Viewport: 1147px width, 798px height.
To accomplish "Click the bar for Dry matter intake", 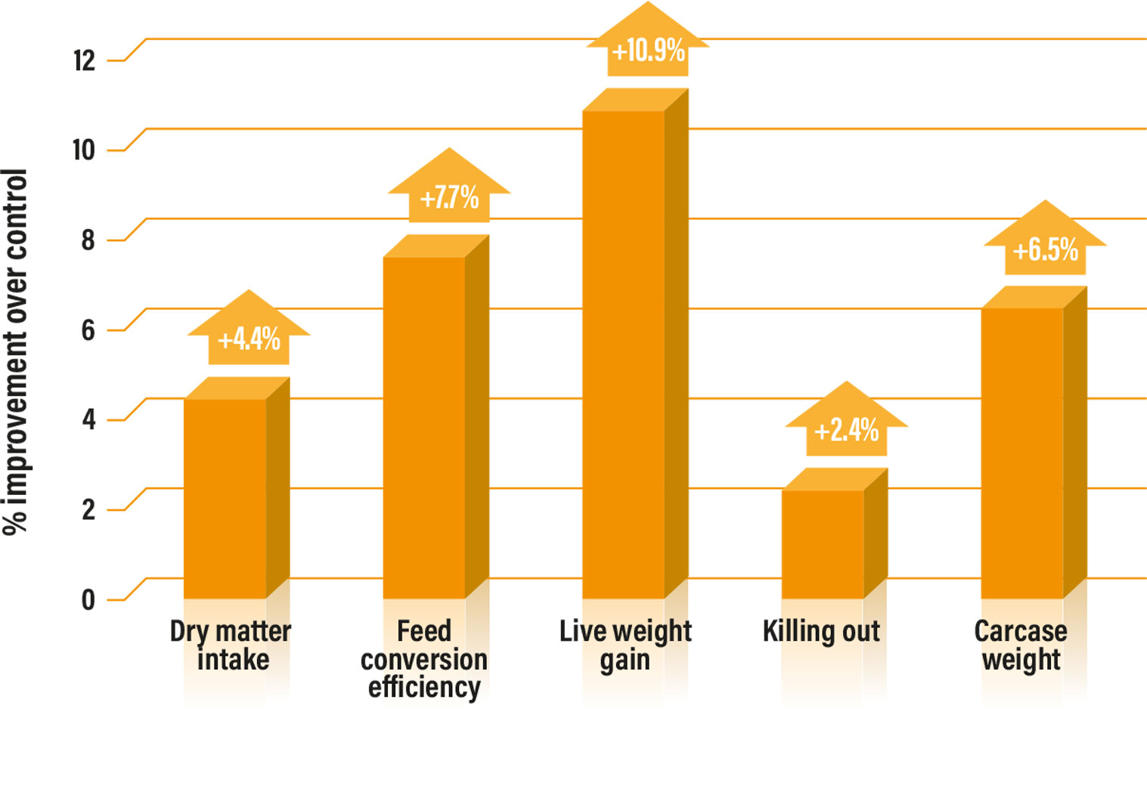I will click(x=225, y=499).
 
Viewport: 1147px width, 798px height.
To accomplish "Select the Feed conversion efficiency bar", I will click(x=424, y=428).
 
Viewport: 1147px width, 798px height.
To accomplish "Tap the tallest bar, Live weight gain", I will click(x=624, y=355).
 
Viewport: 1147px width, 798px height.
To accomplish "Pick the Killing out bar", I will click(x=823, y=544).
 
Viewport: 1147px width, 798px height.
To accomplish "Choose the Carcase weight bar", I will click(x=1022, y=453).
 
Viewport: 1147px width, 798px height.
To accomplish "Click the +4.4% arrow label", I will click(x=249, y=339).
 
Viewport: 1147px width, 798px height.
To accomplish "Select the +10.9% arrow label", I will click(x=648, y=51).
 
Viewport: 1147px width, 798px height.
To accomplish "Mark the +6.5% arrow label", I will click(x=1045, y=249).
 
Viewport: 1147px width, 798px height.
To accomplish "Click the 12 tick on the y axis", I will click(x=85, y=60).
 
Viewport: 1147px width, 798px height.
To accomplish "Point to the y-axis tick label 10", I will click(x=84, y=150).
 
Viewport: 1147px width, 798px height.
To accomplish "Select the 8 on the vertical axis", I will click(x=88, y=240).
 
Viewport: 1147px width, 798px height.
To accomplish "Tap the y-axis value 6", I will click(x=88, y=330).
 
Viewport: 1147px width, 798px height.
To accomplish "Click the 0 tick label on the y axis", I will click(x=88, y=600).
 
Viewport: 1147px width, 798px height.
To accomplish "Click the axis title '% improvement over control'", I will click(x=15, y=351).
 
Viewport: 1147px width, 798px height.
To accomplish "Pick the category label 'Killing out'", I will click(x=821, y=631).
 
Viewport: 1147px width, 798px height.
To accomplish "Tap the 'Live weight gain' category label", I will click(x=625, y=645).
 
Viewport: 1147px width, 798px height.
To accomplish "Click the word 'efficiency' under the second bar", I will click(x=424, y=688).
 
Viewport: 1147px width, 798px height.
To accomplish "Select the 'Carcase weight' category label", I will click(x=1021, y=645).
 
